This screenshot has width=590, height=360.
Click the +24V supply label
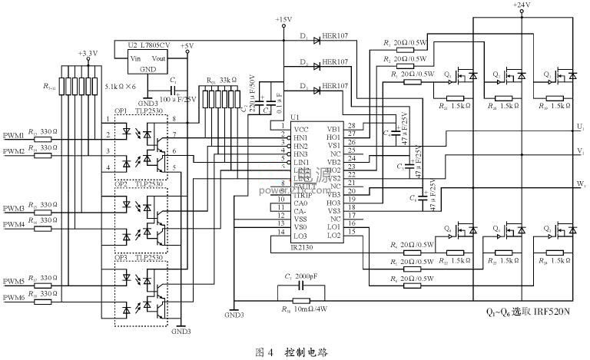(x=522, y=5)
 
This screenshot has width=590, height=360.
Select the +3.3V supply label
(x=88, y=53)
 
